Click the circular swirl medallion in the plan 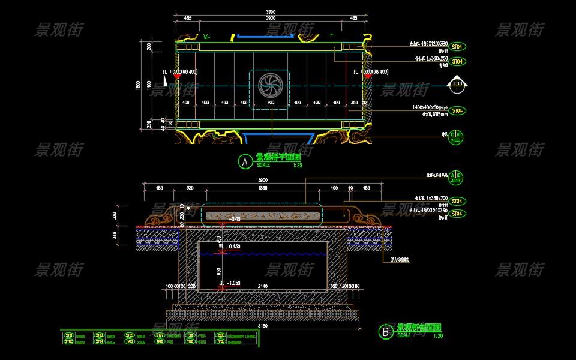[268, 85]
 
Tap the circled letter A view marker [244, 161]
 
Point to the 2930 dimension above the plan [269, 19]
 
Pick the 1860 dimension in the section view [263, 188]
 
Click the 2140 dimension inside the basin [263, 287]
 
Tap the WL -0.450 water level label [229, 246]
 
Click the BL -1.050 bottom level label [229, 283]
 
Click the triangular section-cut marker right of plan [449, 83]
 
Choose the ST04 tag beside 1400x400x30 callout [458, 110]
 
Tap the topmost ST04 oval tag [458, 46]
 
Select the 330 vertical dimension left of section [115, 215]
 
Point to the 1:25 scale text [298, 165]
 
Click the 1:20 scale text [439, 335]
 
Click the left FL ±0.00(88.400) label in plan [188, 72]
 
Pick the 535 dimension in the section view [190, 188]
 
